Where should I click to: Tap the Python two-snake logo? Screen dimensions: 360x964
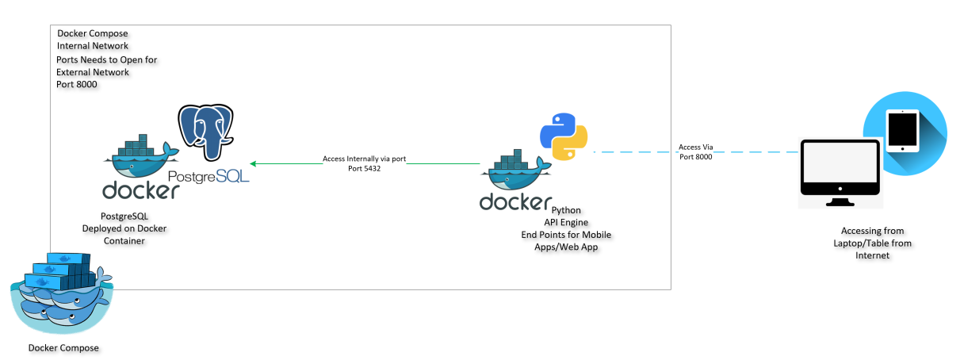pyautogui.click(x=563, y=136)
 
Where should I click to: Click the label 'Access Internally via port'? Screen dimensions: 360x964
pyautogui.click(x=364, y=159)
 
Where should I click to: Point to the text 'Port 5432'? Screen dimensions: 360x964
pyautogui.click(x=365, y=169)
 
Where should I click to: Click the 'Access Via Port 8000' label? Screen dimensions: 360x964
pyautogui.click(x=695, y=152)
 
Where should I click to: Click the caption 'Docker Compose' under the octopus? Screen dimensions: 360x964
pyautogui.click(x=63, y=348)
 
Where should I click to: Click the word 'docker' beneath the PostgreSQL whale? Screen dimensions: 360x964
pyautogui.click(x=140, y=190)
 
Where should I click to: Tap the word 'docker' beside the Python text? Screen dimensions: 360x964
pyautogui.click(x=515, y=201)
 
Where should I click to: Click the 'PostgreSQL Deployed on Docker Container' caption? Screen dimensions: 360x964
pyautogui.click(x=124, y=228)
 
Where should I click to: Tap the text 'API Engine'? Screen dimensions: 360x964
pyautogui.click(x=566, y=223)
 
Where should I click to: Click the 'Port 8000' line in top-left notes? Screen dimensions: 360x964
pyautogui.click(x=77, y=84)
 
